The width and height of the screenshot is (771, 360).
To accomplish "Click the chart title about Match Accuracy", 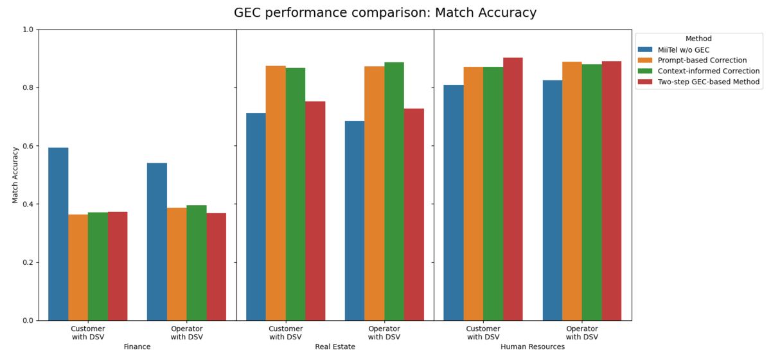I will tap(385, 13).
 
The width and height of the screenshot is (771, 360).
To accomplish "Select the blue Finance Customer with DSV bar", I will tap(58, 234).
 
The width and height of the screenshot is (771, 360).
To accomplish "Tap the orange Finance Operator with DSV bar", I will tap(177, 264).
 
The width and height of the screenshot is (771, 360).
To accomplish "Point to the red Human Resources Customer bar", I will tap(513, 189).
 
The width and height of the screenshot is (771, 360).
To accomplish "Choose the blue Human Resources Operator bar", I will tap(552, 200).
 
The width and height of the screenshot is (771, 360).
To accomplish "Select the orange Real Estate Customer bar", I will tap(276, 193).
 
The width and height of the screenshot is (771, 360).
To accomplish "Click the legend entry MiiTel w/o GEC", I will tap(684, 50).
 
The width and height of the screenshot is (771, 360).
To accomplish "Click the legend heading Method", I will tap(698, 39).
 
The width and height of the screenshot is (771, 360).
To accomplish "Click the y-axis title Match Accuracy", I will tap(16, 175).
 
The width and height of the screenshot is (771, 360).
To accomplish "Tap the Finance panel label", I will tap(137, 346).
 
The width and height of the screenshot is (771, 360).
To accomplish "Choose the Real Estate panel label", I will tap(335, 346).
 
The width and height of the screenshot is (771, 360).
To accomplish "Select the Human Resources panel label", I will tap(533, 346).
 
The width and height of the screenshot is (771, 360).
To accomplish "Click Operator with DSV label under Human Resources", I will tap(582, 333).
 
